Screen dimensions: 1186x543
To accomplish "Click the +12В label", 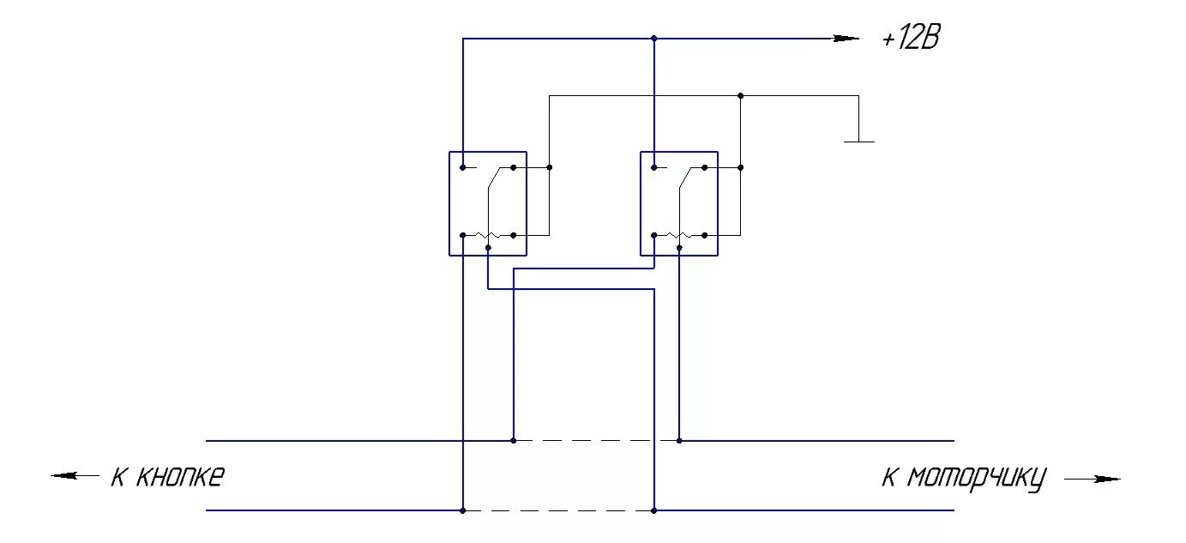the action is click(911, 39).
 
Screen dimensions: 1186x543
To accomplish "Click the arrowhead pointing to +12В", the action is click(846, 39).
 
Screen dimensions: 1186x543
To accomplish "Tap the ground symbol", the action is click(858, 139).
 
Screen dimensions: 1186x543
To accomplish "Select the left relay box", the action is click(487, 203).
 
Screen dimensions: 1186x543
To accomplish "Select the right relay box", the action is click(678, 203).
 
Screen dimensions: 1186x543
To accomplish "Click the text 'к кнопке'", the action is click(167, 476).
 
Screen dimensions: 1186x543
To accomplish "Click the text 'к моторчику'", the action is click(964, 478).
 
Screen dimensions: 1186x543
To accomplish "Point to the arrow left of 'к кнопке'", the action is click(75, 475).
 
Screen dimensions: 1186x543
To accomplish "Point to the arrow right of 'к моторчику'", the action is click(1093, 479).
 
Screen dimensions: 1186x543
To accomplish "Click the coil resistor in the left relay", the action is click(487, 235).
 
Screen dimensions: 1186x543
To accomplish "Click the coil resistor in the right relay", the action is click(678, 235).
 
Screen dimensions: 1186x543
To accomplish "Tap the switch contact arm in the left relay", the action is click(494, 179).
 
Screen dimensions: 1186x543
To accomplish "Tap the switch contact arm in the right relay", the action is click(685, 179).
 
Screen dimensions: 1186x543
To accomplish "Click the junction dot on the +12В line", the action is click(653, 39).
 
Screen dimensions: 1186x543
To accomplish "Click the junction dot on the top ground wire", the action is click(740, 95).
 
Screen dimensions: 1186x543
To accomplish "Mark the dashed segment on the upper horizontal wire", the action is click(596, 440).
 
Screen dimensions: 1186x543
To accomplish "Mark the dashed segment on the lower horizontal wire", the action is click(558, 510).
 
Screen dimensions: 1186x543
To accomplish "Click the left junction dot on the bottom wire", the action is click(462, 510).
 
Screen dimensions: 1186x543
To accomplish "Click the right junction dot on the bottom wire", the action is click(653, 510).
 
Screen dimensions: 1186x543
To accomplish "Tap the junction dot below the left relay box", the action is click(487, 248).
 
